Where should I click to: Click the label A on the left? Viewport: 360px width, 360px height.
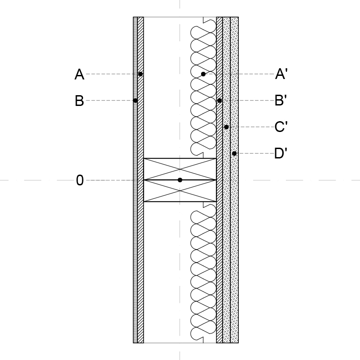pos(79,74)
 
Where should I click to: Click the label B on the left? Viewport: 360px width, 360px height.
pos(79,101)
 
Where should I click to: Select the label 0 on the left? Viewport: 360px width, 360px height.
pos(79,180)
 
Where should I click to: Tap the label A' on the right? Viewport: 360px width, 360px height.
pos(281,74)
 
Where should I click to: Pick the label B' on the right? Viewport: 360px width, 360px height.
pos(281,101)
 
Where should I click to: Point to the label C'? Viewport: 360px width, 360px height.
pos(281,127)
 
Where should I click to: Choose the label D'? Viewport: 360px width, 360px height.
pos(281,153)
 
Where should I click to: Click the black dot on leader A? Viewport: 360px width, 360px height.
pos(140,74)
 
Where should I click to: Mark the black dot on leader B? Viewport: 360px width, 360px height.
pos(136,101)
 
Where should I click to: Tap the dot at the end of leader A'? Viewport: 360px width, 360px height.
pos(203,74)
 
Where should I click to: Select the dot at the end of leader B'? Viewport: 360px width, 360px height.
pos(220,101)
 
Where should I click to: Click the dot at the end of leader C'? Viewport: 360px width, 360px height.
pos(226,127)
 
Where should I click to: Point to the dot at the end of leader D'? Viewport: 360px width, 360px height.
pos(234,154)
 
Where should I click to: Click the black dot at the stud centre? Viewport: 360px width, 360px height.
pos(180,180)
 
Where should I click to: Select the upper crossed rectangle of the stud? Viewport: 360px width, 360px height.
pos(180,169)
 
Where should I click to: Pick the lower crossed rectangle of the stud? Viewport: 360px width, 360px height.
pos(180,191)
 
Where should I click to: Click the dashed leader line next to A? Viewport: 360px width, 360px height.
pos(112,74)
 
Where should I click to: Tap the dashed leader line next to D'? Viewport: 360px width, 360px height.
pos(255,154)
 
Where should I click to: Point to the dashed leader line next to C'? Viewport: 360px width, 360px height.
pos(251,127)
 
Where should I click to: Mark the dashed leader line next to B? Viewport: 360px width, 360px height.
pos(109,101)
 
